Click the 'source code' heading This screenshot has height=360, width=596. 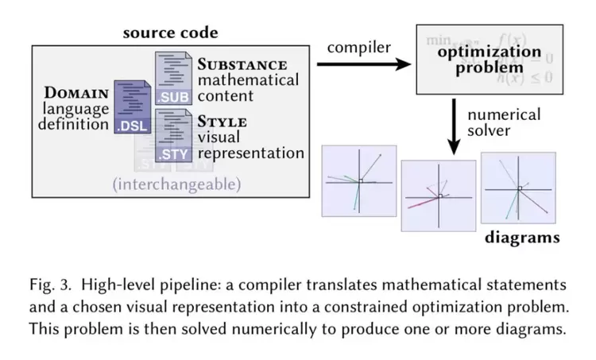pyautogui.click(x=170, y=33)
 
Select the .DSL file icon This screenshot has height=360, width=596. pyautogui.click(x=132, y=107)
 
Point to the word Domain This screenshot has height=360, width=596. pyautogui.click(x=79, y=94)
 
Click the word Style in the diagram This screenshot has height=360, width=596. pyautogui.click(x=223, y=122)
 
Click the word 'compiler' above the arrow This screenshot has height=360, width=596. pyautogui.click(x=360, y=47)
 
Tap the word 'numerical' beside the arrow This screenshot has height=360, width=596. pyautogui.click(x=504, y=114)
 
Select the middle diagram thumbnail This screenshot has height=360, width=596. pyautogui.click(x=439, y=195)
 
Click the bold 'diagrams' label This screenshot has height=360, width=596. pyautogui.click(x=522, y=237)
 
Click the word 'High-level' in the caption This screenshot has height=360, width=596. pyautogui.click(x=111, y=285)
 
